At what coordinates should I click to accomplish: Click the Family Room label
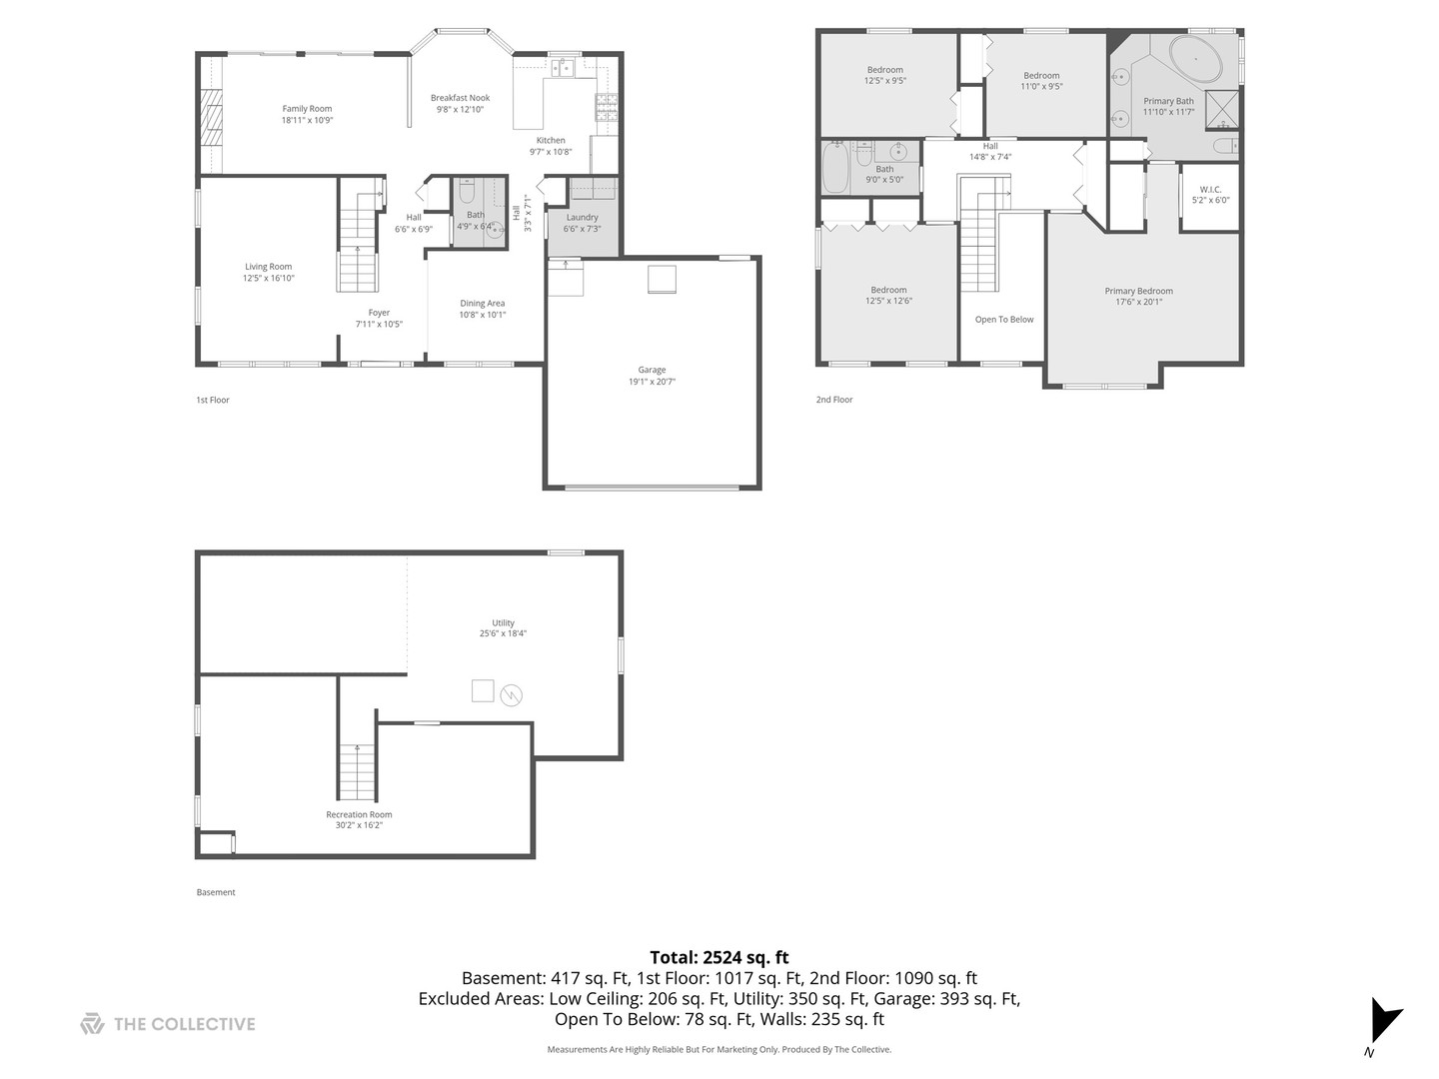pos(307,109)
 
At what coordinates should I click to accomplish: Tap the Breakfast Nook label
pos(460,98)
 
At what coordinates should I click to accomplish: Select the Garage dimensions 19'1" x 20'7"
pos(652,382)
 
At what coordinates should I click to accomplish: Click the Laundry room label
pos(582,218)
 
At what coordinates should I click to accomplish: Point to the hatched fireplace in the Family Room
pos(211,117)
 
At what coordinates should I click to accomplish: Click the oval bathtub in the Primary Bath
pos(1195,60)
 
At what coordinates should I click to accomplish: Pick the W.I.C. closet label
pos(1210,189)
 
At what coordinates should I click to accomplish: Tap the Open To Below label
pos(1004,320)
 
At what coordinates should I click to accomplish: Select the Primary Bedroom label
pos(1138,291)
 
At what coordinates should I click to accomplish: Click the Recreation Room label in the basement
pos(359,814)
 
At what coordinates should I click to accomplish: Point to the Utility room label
pos(503,622)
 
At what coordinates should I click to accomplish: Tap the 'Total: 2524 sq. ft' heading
pos(719,957)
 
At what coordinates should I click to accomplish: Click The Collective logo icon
pos(92,1024)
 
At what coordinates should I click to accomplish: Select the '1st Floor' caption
pos(213,400)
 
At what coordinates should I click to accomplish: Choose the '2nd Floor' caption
pos(834,400)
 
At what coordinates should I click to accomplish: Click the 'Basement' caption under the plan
pos(216,892)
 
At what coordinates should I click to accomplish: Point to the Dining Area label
pos(482,303)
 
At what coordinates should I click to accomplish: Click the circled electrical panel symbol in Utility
pos(512,693)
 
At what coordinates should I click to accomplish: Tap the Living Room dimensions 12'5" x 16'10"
pos(268,279)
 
